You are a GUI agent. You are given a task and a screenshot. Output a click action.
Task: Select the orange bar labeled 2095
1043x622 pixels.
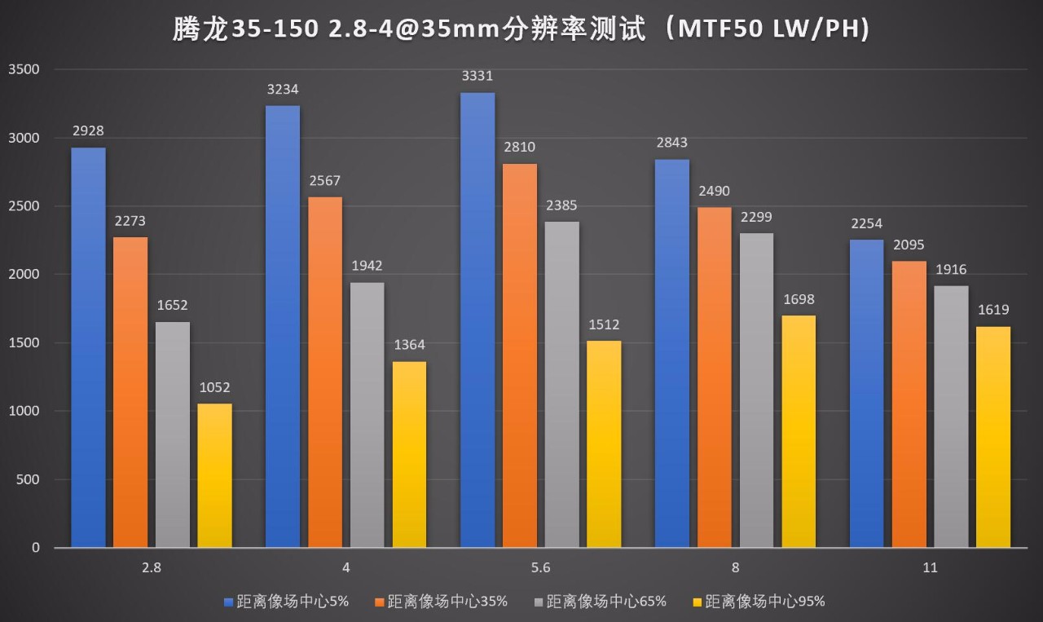[909, 404]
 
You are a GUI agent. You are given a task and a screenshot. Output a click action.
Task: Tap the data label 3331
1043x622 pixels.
[477, 76]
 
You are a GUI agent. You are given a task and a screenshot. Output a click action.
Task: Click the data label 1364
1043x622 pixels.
[409, 345]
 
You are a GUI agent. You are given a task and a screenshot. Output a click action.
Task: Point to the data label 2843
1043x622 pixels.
[671, 143]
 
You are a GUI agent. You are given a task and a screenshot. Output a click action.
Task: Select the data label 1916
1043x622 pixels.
[951, 270]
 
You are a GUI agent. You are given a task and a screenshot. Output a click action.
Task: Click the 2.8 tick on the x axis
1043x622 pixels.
[151, 568]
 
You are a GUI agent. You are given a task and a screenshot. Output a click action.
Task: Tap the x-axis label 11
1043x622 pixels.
[930, 568]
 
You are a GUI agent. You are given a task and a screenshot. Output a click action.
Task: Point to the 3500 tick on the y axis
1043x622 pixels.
[24, 70]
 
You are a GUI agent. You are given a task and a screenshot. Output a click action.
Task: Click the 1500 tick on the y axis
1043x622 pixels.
[24, 343]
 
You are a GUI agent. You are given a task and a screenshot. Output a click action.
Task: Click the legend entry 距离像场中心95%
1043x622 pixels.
[764, 602]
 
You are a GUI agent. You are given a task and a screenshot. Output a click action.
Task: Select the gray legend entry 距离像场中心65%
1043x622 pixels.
[605, 602]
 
